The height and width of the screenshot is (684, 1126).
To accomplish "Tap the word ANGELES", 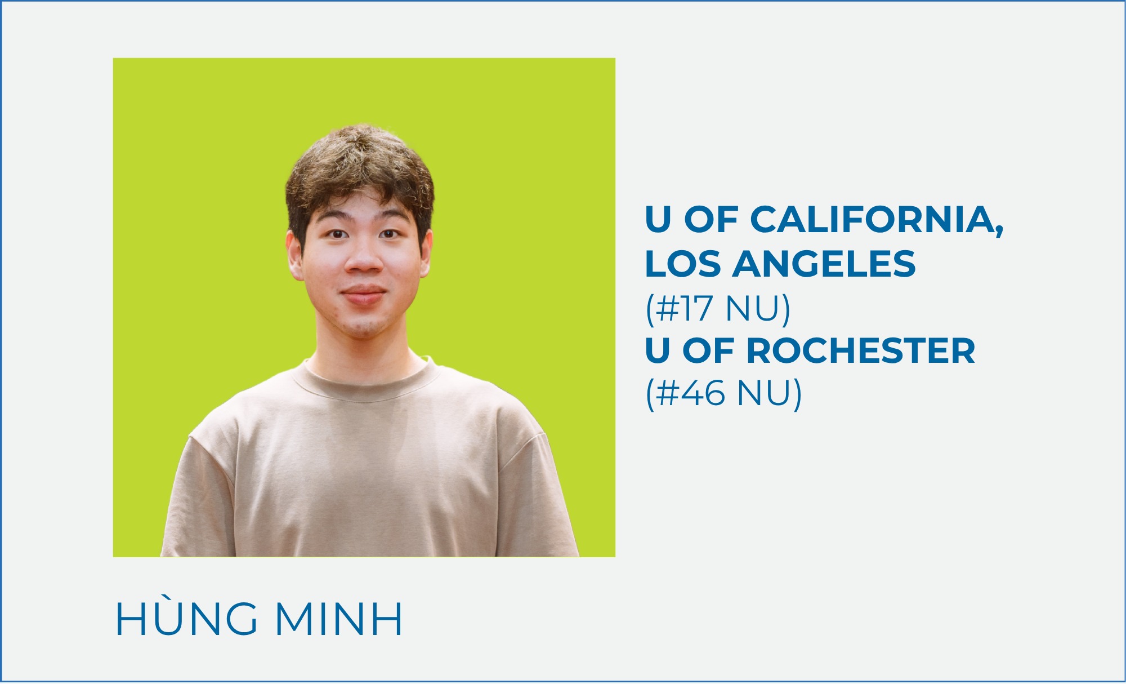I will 824,264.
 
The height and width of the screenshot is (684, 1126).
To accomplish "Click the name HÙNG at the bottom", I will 186,619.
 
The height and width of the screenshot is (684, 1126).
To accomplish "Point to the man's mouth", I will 364,295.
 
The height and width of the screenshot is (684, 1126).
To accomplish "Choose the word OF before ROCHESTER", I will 708,351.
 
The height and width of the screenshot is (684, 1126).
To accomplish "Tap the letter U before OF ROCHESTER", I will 658,351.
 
